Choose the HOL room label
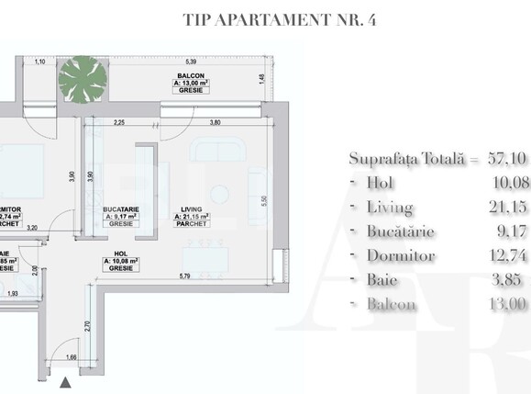pos(122,281)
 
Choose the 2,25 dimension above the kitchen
pos(119,121)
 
